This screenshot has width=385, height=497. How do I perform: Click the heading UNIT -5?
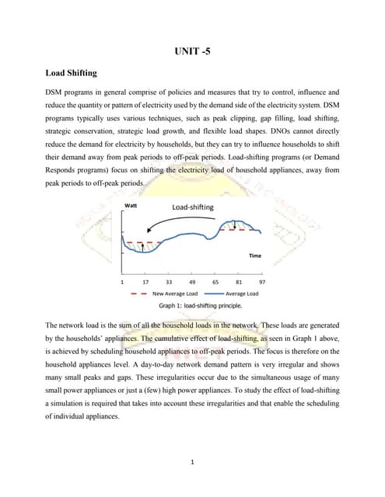(192, 52)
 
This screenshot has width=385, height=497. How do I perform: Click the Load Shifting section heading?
(71, 73)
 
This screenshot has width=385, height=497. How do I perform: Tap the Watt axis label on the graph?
(131, 206)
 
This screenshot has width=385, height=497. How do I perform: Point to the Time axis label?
(254, 255)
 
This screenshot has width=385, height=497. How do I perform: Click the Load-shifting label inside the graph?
(193, 207)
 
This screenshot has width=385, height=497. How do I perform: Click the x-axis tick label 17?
(145, 283)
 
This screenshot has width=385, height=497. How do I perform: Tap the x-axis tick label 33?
(169, 283)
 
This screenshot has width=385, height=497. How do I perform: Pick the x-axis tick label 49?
(192, 283)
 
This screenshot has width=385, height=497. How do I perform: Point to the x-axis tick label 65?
(215, 283)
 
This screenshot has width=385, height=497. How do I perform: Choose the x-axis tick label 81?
(239, 283)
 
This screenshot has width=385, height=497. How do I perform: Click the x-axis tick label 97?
(262, 283)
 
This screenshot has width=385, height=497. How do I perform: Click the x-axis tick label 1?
(122, 283)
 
